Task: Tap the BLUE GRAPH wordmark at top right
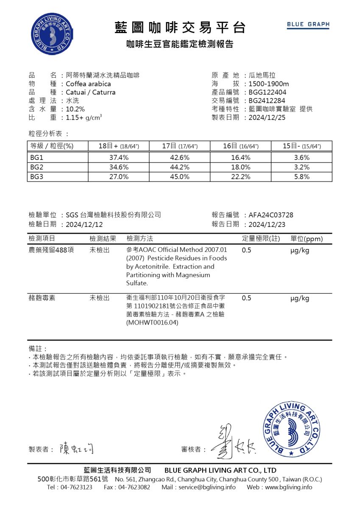(308, 25)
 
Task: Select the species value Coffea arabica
(88, 84)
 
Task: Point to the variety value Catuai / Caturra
(90, 92)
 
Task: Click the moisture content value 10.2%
(75, 109)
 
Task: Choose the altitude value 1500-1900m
(269, 84)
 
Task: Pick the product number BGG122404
(268, 92)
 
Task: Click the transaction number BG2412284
(267, 101)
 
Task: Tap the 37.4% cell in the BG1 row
(119, 157)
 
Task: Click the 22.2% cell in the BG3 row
(240, 177)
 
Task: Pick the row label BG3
(36, 177)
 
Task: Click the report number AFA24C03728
(271, 215)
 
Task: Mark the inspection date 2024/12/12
(84, 224)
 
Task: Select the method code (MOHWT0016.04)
(152, 323)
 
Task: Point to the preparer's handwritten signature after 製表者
(77, 447)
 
